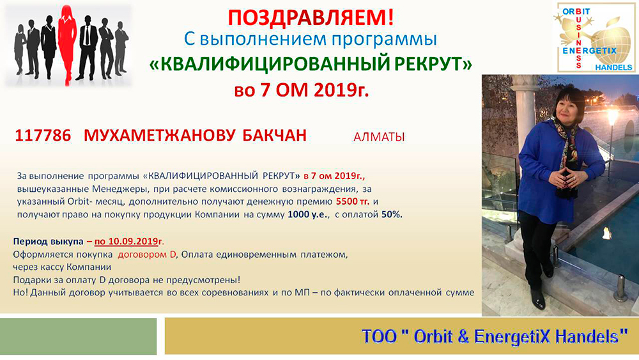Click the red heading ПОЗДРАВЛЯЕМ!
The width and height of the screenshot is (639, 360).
(311, 17)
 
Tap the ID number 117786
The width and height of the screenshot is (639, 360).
(43, 136)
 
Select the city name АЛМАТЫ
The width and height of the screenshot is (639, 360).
(379, 137)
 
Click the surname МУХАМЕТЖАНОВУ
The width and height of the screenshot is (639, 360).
(159, 136)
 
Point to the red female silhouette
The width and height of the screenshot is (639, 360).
(67, 44)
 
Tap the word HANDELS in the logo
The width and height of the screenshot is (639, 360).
(613, 67)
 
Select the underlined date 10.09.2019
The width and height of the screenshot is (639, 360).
(126, 241)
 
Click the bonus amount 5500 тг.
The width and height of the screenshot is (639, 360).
(353, 201)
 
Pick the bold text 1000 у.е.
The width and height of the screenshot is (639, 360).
(308, 214)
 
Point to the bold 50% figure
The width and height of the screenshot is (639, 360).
(392, 214)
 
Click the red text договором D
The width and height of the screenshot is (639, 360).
(147, 254)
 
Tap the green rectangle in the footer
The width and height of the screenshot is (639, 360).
(78, 336)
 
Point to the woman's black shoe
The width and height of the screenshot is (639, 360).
(539, 301)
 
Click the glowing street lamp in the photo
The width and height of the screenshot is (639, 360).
(612, 117)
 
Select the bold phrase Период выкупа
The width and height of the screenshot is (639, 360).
(48, 241)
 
